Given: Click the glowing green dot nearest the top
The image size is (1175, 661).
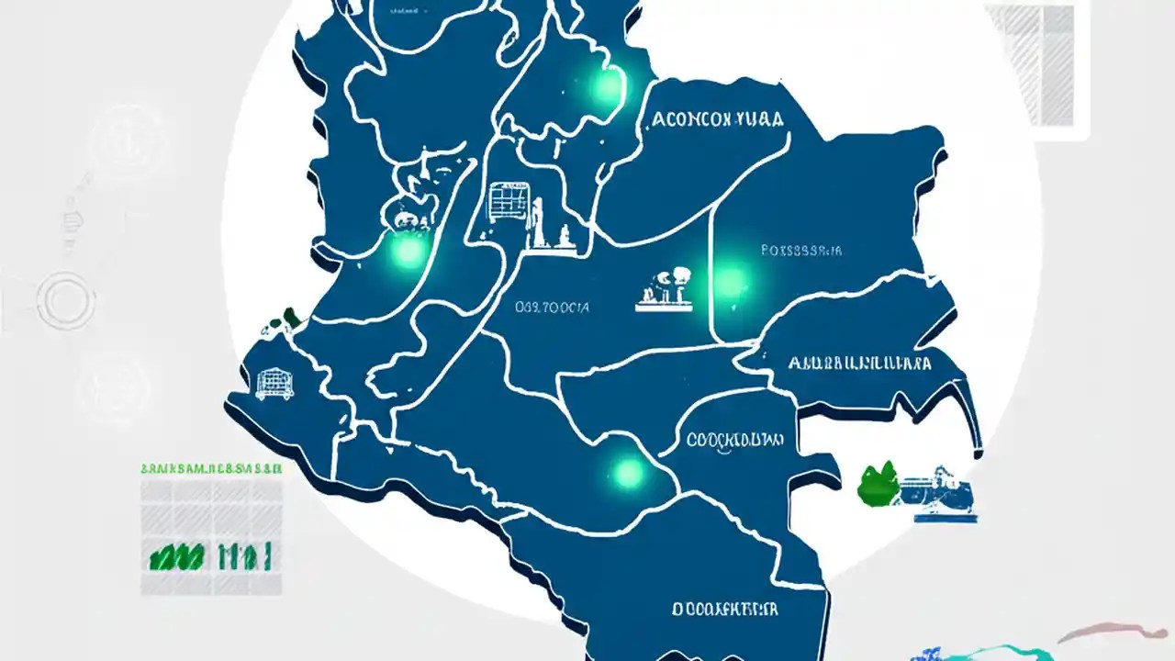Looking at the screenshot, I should [606, 87].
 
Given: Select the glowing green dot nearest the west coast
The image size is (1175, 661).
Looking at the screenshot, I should [408, 251].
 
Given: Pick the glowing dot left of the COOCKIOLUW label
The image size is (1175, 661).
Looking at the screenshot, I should [628, 473].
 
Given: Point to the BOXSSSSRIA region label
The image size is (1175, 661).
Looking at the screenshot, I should [801, 250].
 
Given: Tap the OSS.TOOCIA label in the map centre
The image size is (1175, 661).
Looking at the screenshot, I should [553, 308].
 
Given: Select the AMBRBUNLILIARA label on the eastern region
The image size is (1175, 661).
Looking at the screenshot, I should [859, 364].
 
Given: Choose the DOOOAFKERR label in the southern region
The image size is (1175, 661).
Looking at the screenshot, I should [724, 609].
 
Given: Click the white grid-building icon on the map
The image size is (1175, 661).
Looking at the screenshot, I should [503, 203].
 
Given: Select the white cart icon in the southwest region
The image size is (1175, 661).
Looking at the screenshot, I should [273, 383].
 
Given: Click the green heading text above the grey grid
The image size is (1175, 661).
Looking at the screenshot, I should [211, 468].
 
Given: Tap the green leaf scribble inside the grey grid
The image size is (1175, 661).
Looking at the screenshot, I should [176, 555].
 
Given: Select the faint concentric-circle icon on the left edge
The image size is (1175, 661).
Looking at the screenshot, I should [66, 299].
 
